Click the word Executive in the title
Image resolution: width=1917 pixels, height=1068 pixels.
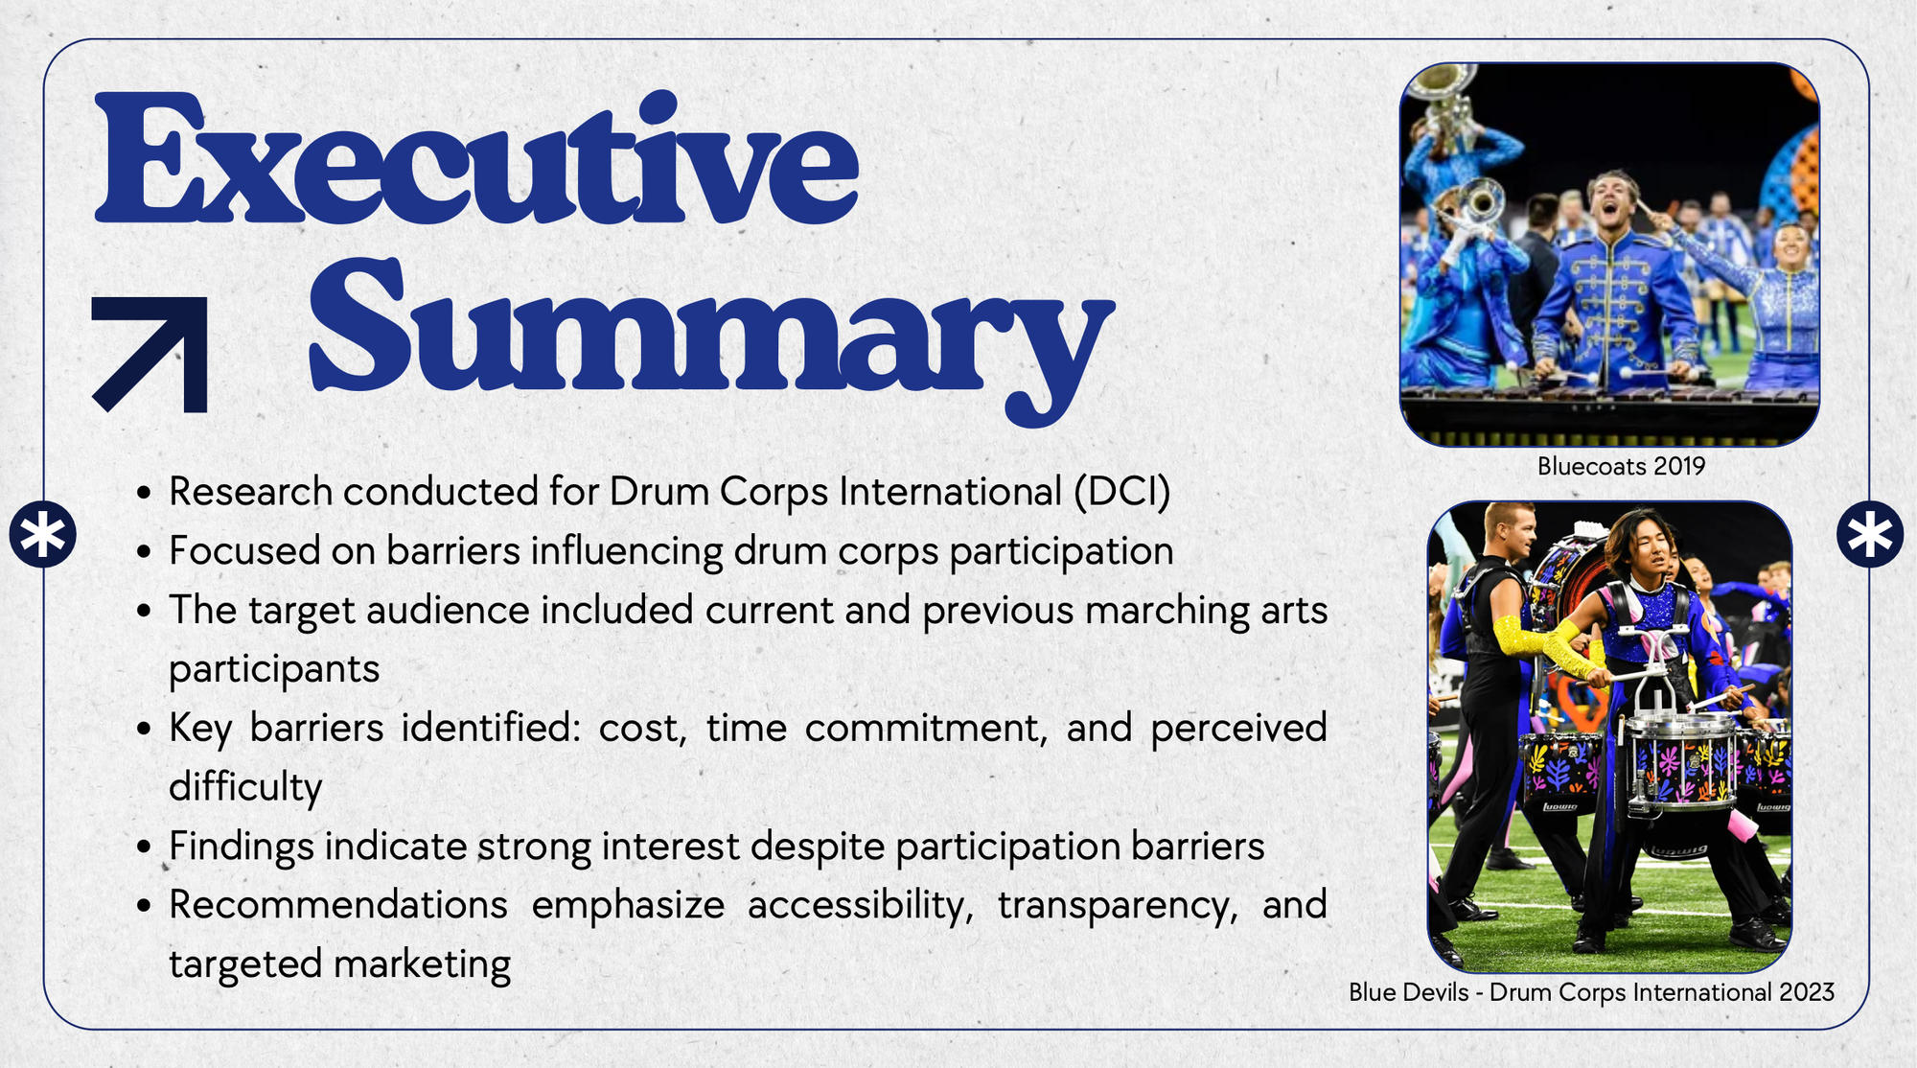click(476, 159)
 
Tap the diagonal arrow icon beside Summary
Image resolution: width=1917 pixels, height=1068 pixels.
click(150, 355)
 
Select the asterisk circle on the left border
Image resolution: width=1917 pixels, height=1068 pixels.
click(43, 534)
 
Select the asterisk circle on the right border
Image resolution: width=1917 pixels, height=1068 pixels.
click(1870, 534)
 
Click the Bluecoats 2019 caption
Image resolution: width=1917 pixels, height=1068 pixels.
click(1621, 466)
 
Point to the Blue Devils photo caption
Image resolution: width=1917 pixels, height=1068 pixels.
click(1591, 992)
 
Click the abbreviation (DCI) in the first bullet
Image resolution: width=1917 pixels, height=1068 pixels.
click(1121, 492)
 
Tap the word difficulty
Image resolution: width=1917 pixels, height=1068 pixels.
click(245, 787)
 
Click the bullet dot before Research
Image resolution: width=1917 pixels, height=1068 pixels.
click(144, 494)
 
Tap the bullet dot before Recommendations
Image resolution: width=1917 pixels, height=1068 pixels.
click(144, 906)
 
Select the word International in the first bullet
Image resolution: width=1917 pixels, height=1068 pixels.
click(950, 492)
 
